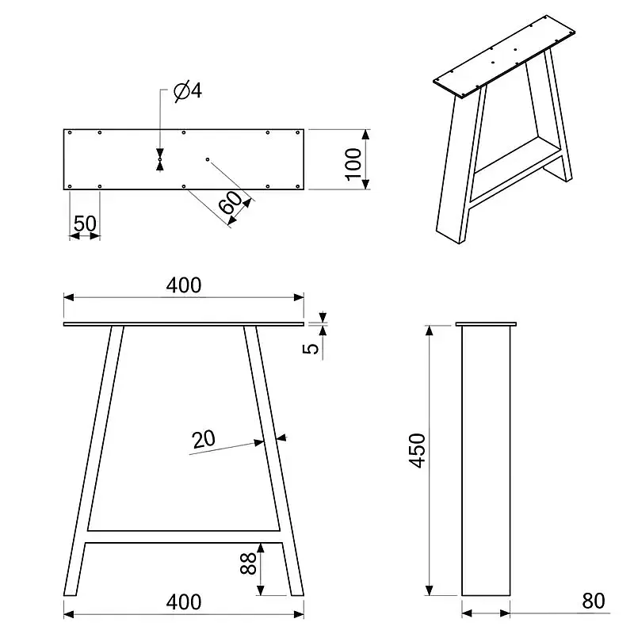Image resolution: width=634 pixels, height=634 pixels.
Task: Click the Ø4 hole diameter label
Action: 188,91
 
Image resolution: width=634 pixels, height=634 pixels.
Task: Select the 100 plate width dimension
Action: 353,164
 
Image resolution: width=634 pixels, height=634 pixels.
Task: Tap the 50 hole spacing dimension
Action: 85,223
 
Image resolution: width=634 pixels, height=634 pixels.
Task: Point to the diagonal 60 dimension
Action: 231,202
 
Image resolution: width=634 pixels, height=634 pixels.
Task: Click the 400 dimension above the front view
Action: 184,285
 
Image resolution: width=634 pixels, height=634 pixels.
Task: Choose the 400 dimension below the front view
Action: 184,602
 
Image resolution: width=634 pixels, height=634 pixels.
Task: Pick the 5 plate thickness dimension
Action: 311,348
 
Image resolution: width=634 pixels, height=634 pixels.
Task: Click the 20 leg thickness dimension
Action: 204,440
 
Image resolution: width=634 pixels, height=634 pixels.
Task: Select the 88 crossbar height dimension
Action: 248,563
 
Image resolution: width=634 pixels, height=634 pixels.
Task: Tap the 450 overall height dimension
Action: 418,451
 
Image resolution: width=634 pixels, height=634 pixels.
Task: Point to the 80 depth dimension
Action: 593,601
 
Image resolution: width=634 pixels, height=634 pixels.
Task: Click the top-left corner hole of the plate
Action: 70,132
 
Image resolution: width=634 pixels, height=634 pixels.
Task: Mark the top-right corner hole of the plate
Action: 298,132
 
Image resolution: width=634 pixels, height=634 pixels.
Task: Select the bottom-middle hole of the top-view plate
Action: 184,186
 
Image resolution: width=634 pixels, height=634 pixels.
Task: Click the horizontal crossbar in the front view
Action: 184,537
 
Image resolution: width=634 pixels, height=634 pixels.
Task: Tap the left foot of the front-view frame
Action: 71,591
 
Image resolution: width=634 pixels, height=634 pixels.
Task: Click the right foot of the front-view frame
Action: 296,591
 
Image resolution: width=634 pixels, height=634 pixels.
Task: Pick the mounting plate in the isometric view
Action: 505,55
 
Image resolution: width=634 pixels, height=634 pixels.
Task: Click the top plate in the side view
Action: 486,324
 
